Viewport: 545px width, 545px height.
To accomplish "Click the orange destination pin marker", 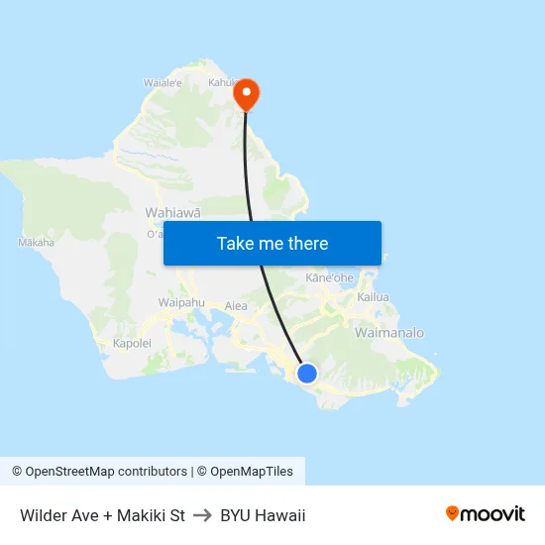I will (x=245, y=95).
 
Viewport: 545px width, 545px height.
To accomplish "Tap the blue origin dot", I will (x=307, y=374).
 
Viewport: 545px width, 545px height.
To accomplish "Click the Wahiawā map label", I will (x=173, y=212).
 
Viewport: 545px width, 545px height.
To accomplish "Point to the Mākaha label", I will (x=36, y=242).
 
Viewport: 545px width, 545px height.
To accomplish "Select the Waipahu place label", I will (x=180, y=302).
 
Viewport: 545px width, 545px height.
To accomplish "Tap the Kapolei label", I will (x=132, y=343).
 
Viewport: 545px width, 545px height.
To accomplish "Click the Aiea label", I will (x=236, y=306).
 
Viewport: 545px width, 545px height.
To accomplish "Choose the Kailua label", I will (x=374, y=297).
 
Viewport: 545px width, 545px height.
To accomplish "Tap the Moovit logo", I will (x=485, y=514).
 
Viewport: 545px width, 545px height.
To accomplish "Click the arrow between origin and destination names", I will (x=203, y=515).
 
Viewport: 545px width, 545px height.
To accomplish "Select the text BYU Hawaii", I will (x=263, y=515).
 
